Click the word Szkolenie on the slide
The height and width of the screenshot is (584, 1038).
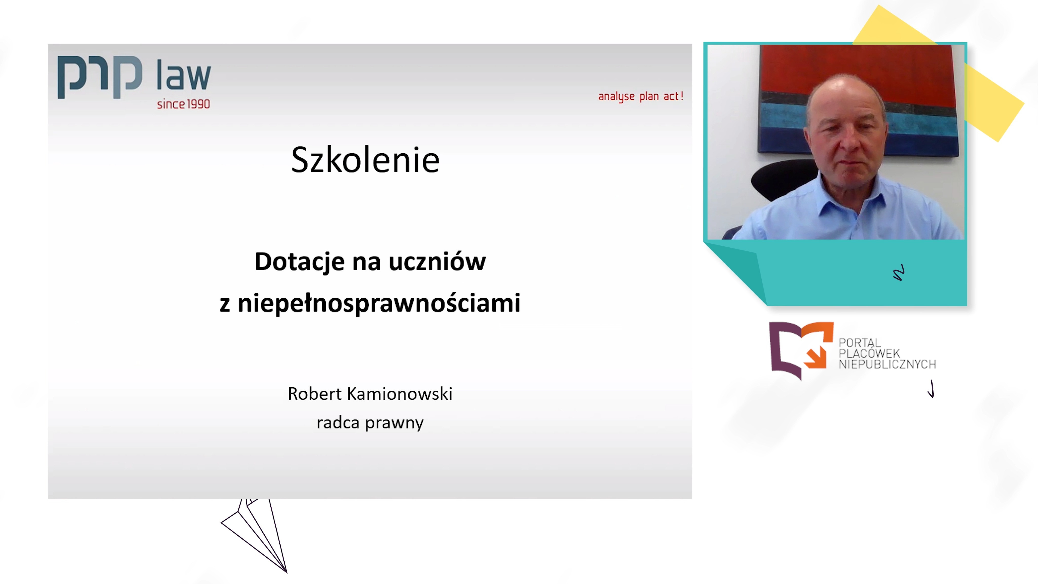click(365, 160)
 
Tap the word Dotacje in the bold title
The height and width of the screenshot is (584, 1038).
click(299, 262)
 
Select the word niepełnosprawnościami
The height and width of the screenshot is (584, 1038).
click(379, 303)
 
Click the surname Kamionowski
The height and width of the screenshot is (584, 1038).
click(399, 394)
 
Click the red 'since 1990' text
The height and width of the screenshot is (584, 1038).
click(183, 104)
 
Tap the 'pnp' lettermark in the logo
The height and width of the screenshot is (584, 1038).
click(100, 77)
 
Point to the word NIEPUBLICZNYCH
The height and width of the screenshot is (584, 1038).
click(887, 364)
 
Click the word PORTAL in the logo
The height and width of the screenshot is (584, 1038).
click(860, 343)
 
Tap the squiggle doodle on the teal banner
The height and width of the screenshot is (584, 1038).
click(899, 273)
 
